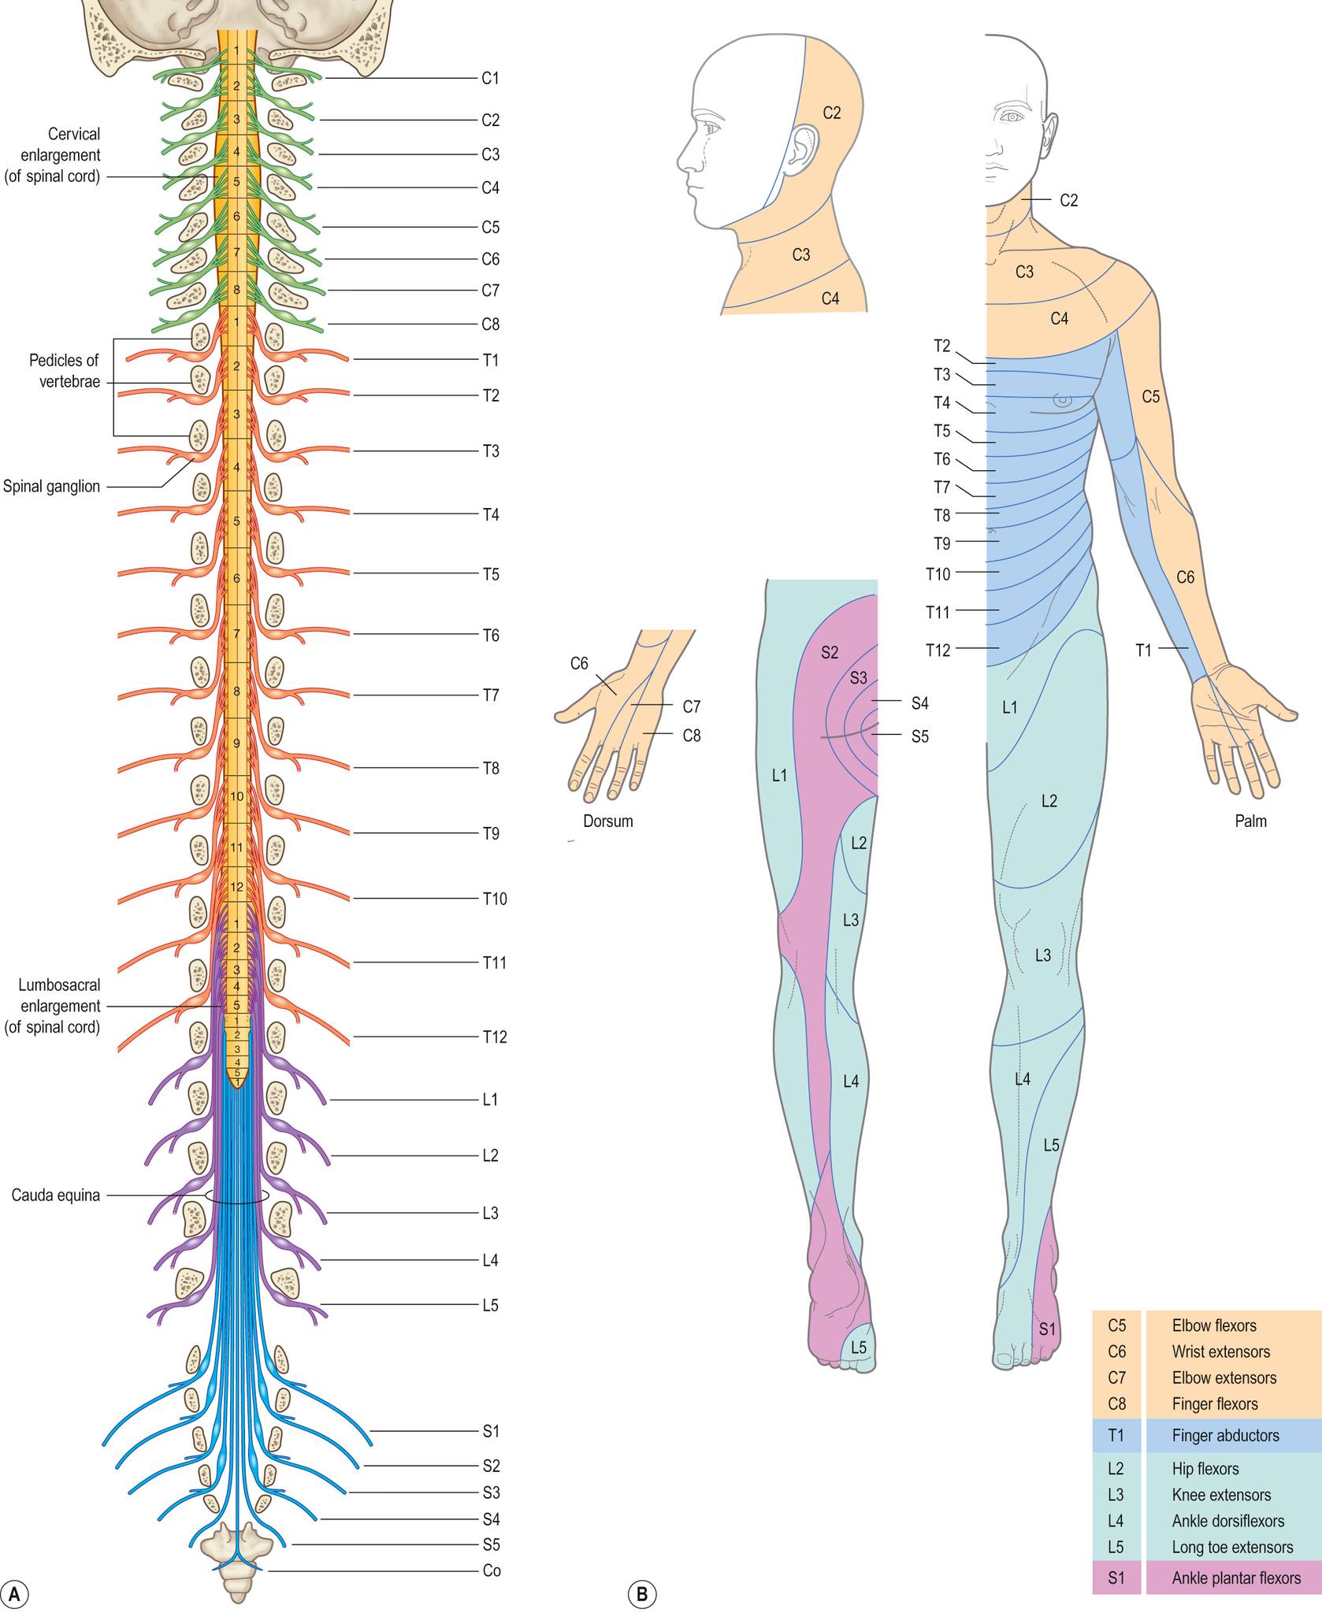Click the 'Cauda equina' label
click(x=56, y=1195)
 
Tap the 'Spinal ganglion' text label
click(x=52, y=486)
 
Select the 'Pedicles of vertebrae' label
click(x=64, y=371)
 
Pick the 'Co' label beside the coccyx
click(x=492, y=1570)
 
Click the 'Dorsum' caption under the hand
click(x=608, y=821)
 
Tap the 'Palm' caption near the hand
click(x=1250, y=821)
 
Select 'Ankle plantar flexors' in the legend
click(x=1236, y=1578)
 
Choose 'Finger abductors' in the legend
click(x=1225, y=1435)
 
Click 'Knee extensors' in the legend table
click(x=1221, y=1494)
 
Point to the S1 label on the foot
click(x=1047, y=1329)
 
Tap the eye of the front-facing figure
click(x=1012, y=117)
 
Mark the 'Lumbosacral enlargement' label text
click(x=53, y=1006)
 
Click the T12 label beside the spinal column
click(x=495, y=1036)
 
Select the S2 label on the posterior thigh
click(x=830, y=652)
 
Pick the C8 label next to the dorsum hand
click(x=692, y=736)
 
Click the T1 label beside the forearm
click(x=1143, y=650)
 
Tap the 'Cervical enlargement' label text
click(x=53, y=155)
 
